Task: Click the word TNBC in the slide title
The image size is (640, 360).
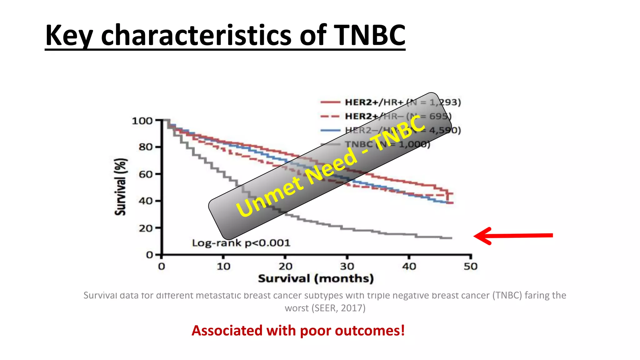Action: pos(369,35)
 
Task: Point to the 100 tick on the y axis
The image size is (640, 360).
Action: pos(142,121)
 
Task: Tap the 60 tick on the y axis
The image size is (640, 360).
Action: pos(146,174)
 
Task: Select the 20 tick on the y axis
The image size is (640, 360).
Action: pos(146,228)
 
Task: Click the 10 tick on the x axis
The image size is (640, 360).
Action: pos(223,267)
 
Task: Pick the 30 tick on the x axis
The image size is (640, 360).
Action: pos(347,267)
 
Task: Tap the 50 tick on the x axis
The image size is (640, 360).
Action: pos(470,267)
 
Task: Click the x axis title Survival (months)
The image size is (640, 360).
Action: pos(316,278)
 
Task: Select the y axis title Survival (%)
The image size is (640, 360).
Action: pos(120,187)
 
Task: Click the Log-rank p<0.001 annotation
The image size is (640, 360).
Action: pos(241,243)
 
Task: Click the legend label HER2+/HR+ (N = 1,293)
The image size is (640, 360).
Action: pos(402,102)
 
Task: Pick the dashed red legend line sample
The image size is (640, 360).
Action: pos(330,116)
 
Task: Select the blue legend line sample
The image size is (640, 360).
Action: pos(330,130)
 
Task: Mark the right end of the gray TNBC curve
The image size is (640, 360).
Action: pos(451,238)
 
